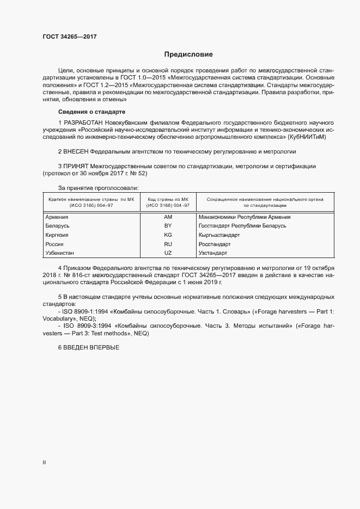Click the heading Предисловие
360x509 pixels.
188,54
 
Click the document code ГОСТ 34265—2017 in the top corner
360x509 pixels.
70,37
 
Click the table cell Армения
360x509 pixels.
56,217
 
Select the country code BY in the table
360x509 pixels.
168,225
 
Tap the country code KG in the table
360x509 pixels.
168,235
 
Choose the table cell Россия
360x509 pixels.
54,244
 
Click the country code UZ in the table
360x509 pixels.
168,253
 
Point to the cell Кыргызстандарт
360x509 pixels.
219,235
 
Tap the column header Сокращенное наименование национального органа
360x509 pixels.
265,199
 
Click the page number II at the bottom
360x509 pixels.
44,462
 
